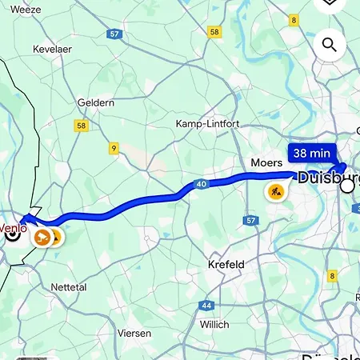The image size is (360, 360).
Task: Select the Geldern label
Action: click(x=95, y=102)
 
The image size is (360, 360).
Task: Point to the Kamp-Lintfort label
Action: click(x=207, y=124)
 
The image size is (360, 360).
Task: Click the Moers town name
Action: click(x=267, y=162)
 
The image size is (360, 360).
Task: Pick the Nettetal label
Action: click(x=67, y=286)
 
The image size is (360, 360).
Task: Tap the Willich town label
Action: click(x=214, y=324)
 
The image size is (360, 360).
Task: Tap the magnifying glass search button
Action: click(x=329, y=44)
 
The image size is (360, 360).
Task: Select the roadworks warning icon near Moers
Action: click(x=275, y=191)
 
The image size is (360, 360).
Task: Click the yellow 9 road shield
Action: click(x=114, y=148)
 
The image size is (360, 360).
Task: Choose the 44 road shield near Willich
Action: click(x=206, y=306)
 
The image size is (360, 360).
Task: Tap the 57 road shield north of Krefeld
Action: click(x=250, y=220)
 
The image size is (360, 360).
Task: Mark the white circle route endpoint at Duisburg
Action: click(x=347, y=186)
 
